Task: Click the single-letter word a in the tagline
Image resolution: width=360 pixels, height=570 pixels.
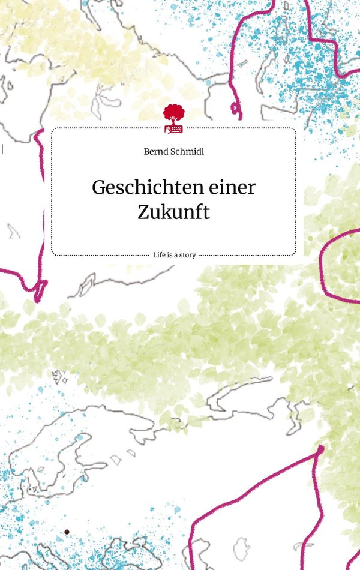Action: [x=175, y=255]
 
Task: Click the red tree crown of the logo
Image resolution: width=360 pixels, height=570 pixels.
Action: [x=173, y=112]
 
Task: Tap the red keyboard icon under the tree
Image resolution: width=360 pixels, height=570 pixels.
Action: [x=174, y=128]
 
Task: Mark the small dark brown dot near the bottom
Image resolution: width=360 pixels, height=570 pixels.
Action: [x=67, y=532]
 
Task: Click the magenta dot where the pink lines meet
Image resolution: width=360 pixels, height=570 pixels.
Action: [x=320, y=448]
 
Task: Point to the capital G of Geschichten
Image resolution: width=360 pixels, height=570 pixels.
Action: [x=98, y=187]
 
